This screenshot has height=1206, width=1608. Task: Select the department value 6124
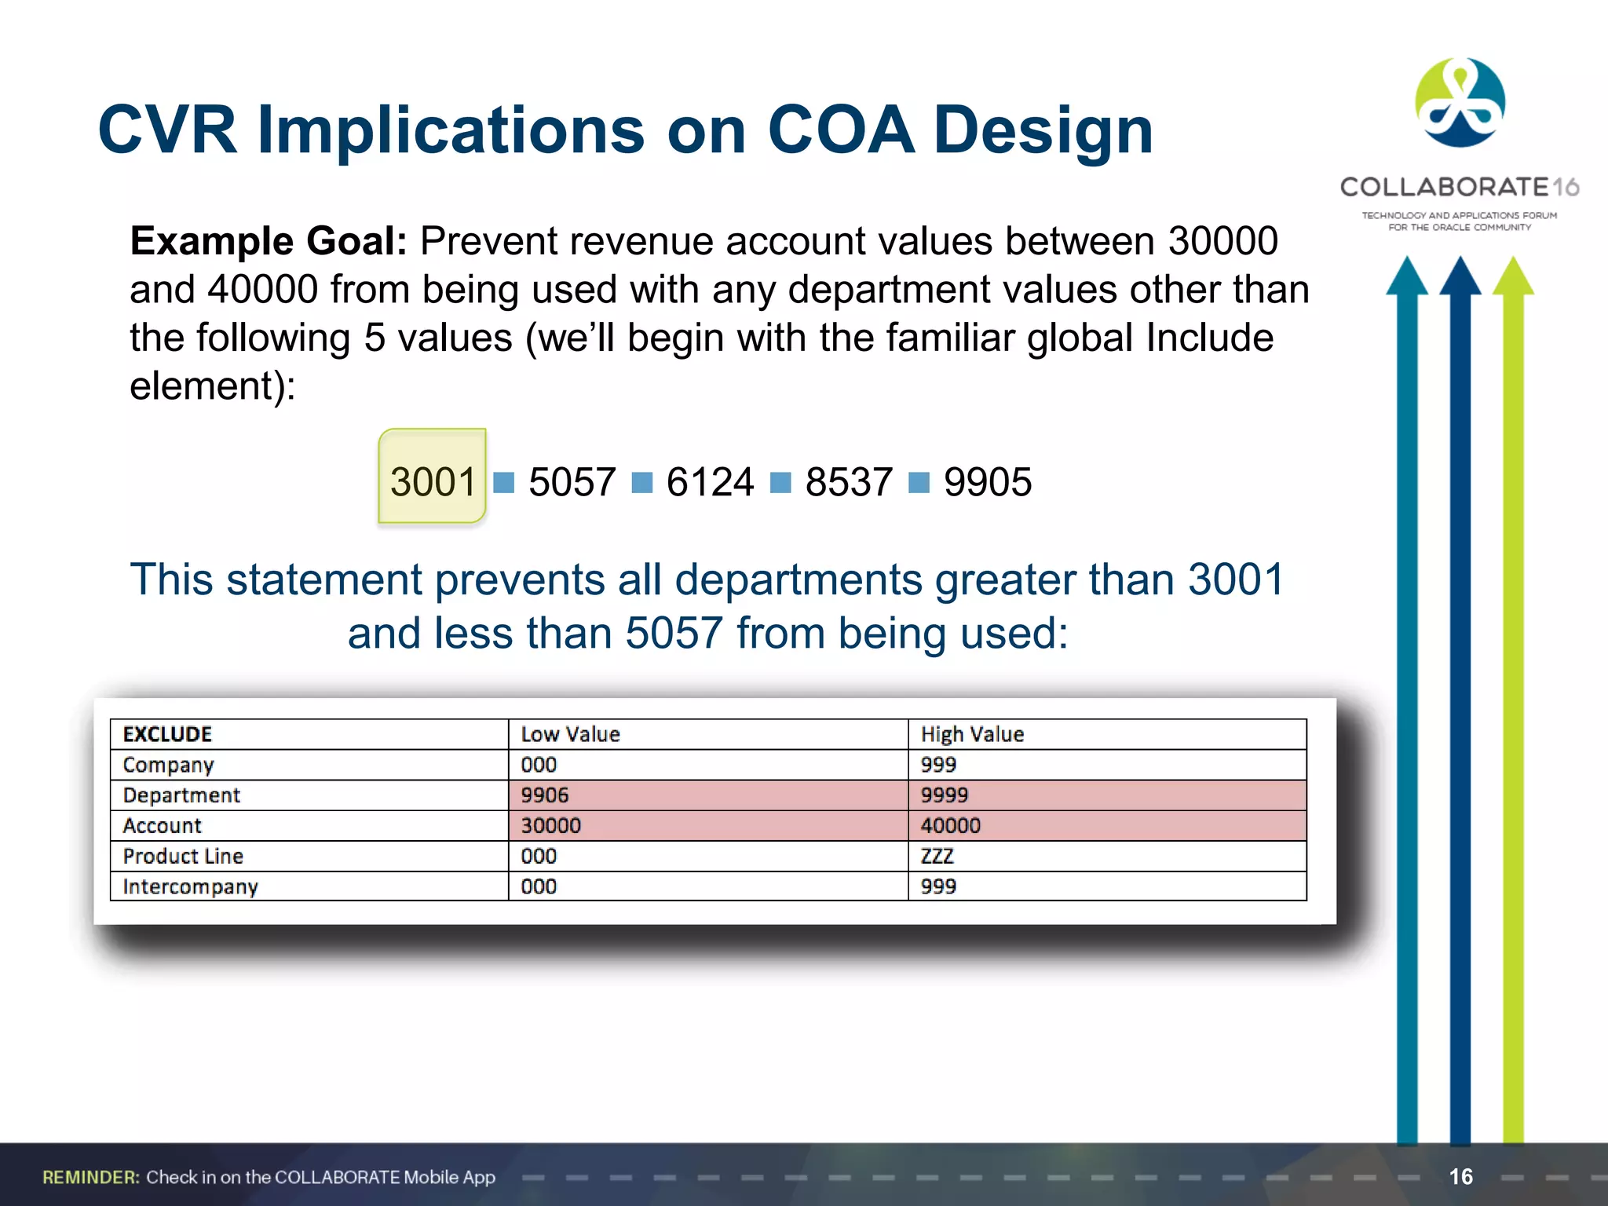coord(710,482)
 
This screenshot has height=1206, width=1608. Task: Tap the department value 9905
coord(987,482)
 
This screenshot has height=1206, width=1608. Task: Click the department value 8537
coord(849,482)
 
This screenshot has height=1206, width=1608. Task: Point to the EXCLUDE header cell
coord(167,734)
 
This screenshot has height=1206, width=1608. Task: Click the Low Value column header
coord(570,734)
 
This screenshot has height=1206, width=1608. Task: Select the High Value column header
coord(972,734)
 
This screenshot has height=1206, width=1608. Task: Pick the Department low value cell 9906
coord(544,795)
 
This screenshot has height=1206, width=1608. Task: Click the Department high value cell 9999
coord(944,795)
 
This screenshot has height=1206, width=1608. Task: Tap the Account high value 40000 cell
coord(950,826)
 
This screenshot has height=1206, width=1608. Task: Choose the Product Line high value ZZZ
coord(937,857)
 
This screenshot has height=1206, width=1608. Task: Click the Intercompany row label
coord(190,886)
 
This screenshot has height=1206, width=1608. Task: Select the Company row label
coord(168,765)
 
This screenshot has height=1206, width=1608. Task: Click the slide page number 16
coord(1460,1176)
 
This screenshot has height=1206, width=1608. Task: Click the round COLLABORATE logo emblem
coord(1460,103)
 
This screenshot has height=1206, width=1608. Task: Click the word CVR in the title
coord(166,130)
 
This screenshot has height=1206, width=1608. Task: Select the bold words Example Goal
coord(268,241)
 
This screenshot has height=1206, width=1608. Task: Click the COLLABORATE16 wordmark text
coord(1459,187)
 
